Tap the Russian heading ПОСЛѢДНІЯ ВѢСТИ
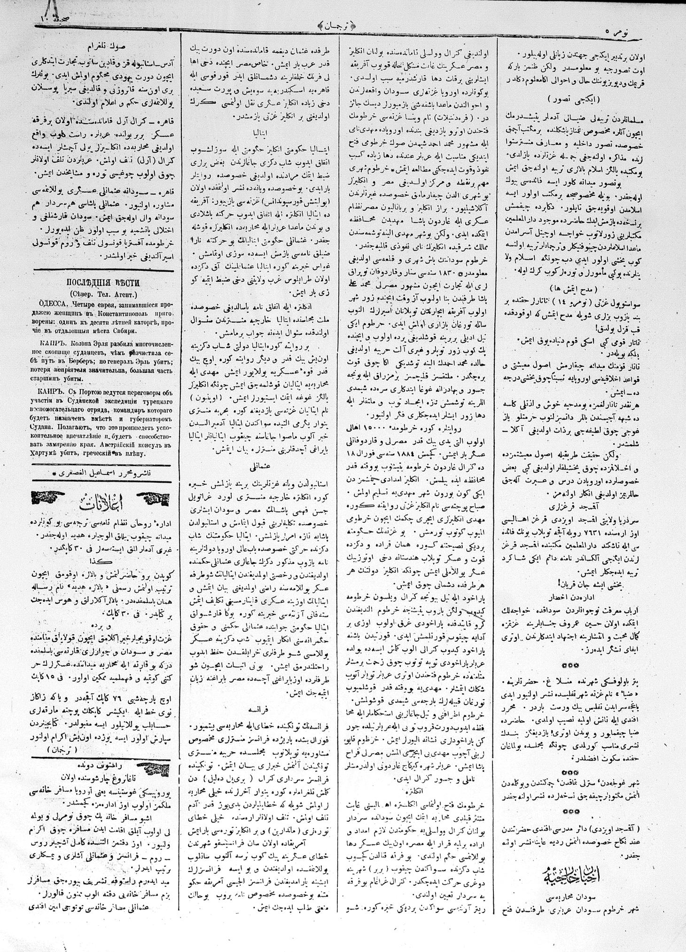(102, 283)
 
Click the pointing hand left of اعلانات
(49, 498)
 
